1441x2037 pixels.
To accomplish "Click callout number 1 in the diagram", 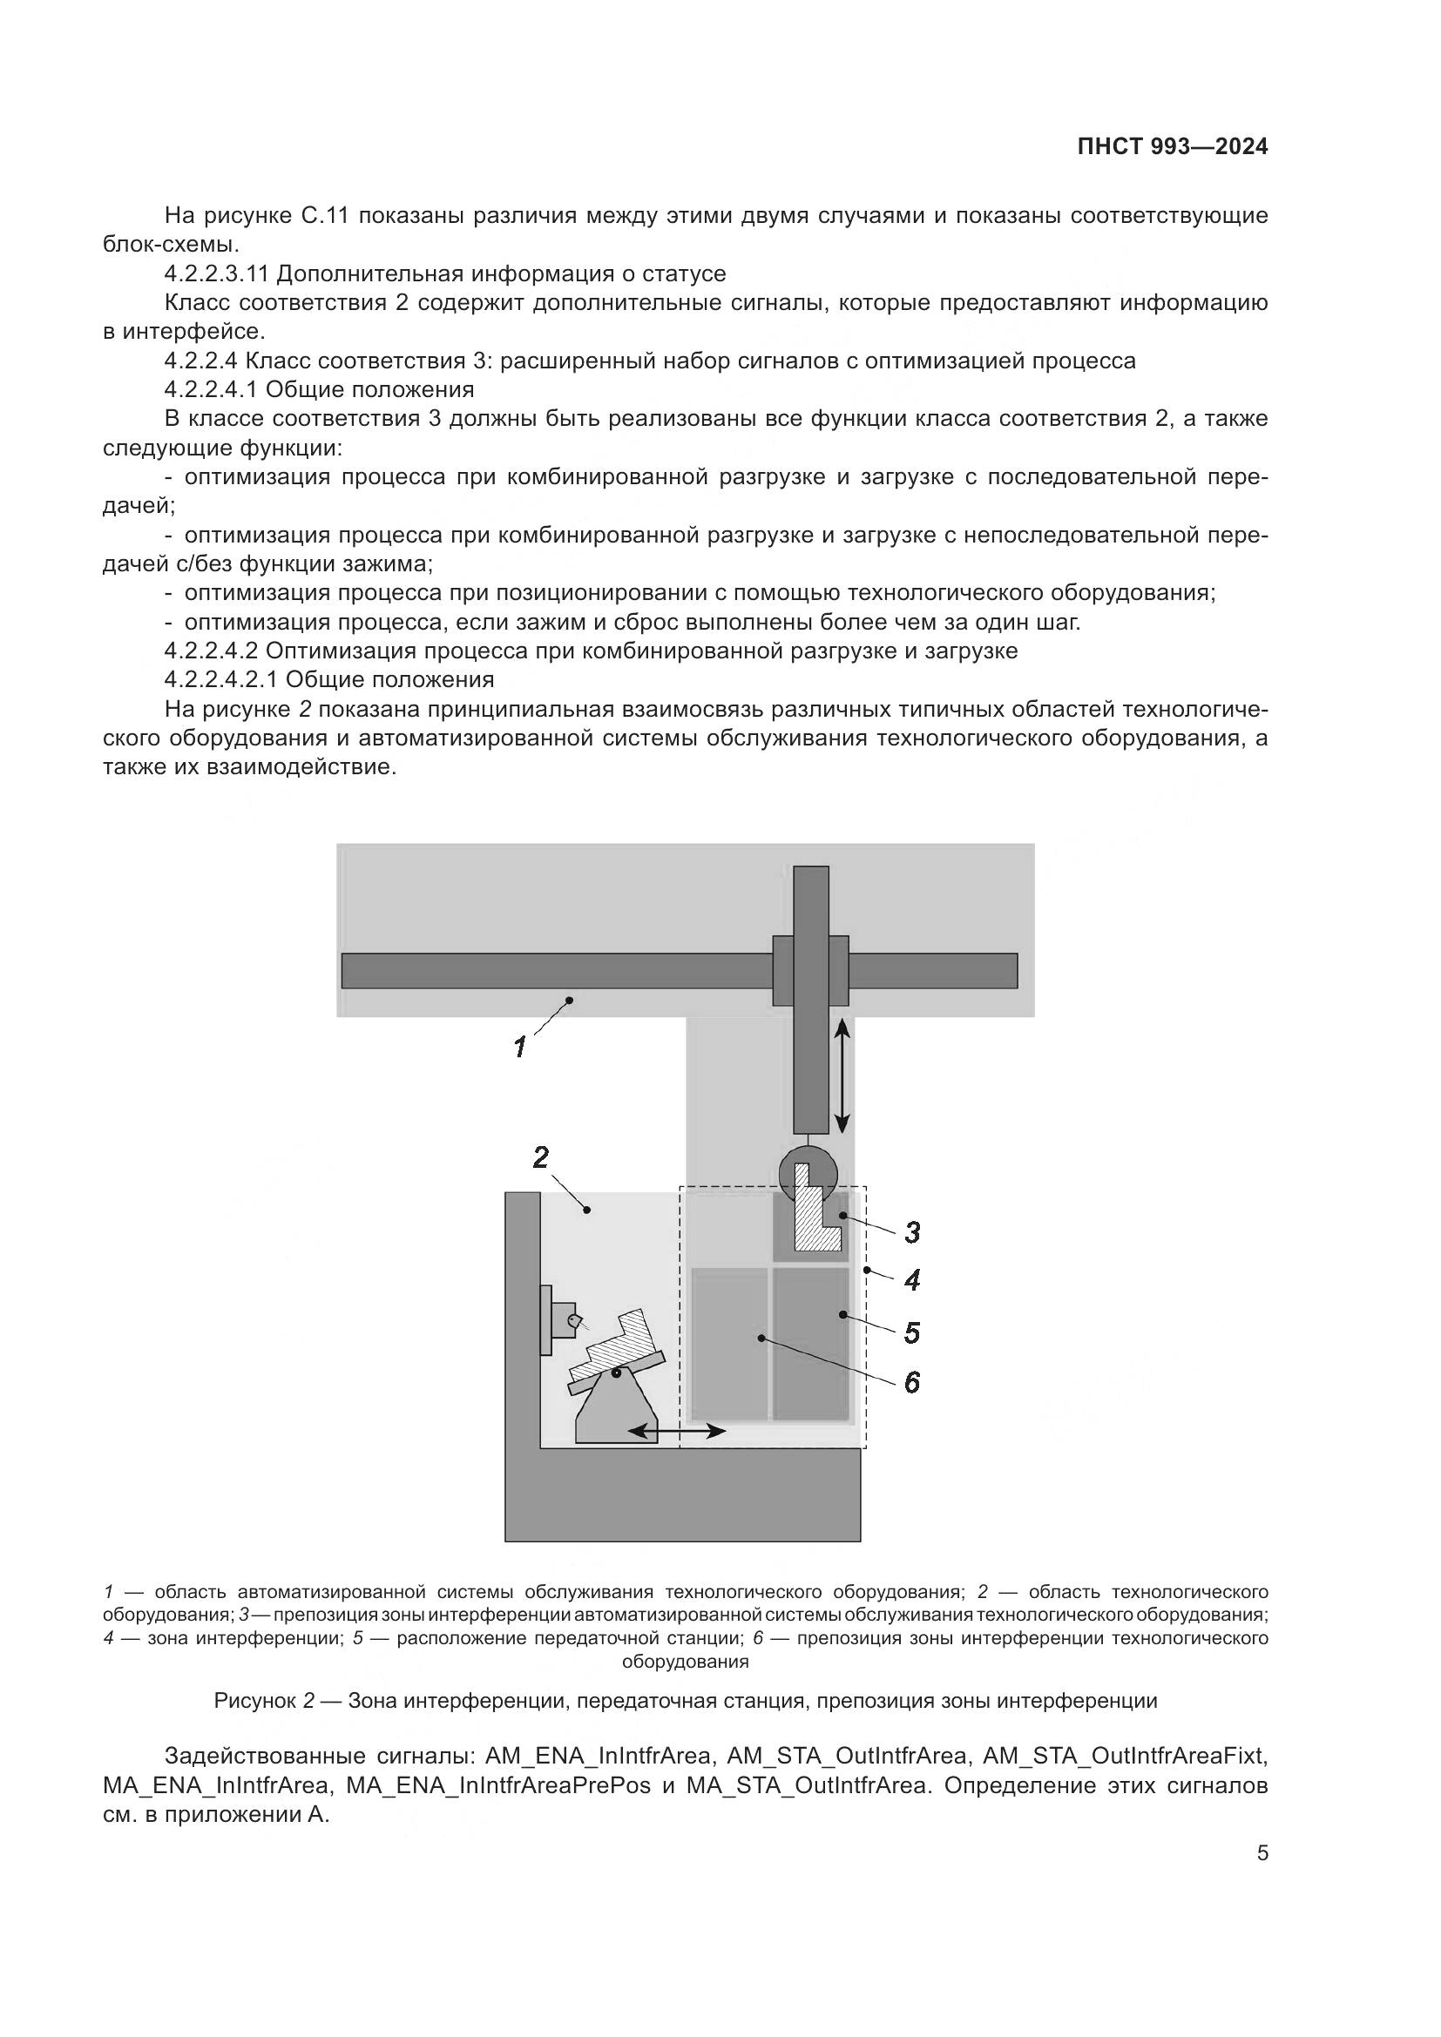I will pyautogui.click(x=521, y=1047).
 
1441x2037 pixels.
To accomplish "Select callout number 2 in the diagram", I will pyautogui.click(x=540, y=1157).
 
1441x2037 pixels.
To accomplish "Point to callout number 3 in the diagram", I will pyautogui.click(x=911, y=1231).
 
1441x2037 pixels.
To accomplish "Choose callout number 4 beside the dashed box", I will pyautogui.click(x=911, y=1279).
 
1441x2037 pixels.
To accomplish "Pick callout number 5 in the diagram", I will pyautogui.click(x=911, y=1332).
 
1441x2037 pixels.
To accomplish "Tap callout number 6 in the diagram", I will pyautogui.click(x=911, y=1382).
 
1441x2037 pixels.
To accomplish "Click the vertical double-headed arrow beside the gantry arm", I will pyautogui.click(x=842, y=1076).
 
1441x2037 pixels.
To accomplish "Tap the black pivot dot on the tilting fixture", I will pyautogui.click(x=616, y=1373).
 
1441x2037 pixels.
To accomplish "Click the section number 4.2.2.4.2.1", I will pyautogui.click(x=221, y=679).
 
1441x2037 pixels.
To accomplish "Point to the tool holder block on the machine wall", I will pyautogui.click(x=562, y=1319).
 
